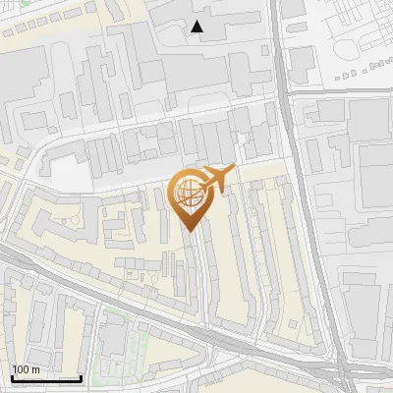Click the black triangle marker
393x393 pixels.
(197, 27)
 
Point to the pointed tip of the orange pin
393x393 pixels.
(188, 231)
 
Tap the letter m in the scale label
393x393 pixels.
(37, 369)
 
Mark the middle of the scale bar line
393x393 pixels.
(46, 378)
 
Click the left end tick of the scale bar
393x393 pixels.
(12, 377)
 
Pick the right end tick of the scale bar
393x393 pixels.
(81, 377)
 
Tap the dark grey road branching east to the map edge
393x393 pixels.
(344, 91)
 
